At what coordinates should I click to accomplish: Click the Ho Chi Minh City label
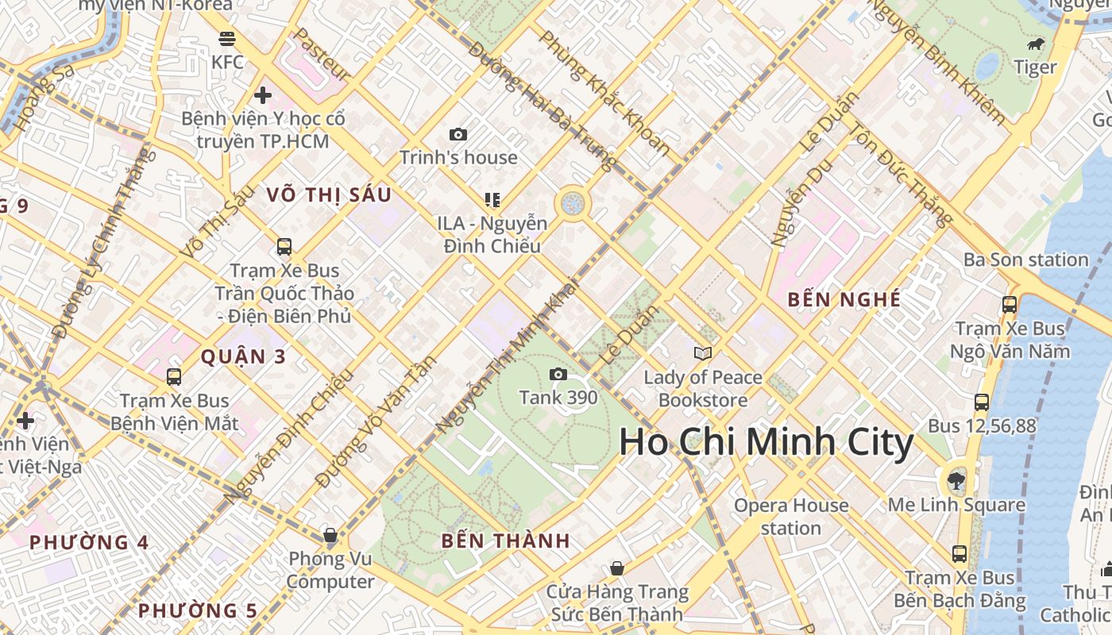766,442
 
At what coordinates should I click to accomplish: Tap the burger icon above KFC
227,38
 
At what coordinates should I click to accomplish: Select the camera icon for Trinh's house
458,134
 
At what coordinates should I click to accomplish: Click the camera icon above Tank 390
558,374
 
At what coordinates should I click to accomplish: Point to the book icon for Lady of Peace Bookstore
703,353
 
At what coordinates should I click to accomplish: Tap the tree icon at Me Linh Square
956,480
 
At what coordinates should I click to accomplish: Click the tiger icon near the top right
1036,44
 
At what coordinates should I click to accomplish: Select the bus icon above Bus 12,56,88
982,402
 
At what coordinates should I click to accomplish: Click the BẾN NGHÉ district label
844,299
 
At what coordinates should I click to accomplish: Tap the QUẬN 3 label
243,356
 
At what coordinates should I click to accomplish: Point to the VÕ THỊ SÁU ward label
329,194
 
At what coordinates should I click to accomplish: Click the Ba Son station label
1025,260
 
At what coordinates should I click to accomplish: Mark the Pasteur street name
322,55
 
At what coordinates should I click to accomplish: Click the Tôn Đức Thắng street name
901,175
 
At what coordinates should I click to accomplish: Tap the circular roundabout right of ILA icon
572,203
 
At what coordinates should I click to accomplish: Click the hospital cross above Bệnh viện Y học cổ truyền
263,95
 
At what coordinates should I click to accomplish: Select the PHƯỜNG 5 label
198,610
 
